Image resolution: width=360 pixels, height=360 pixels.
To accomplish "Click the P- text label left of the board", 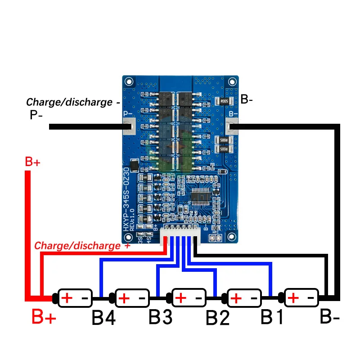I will click(x=36, y=115).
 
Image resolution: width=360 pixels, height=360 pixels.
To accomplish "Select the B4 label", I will click(x=103, y=318).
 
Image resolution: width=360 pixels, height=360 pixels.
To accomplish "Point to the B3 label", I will click(x=161, y=317).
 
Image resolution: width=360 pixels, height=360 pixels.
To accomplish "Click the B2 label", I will click(x=218, y=318).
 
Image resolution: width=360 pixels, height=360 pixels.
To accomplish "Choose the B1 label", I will click(x=273, y=317).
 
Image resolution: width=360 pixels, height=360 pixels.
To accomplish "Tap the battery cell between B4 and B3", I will click(x=132, y=298).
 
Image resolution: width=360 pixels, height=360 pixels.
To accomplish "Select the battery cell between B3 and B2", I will click(x=188, y=298).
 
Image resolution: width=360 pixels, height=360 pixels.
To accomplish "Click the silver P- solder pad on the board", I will click(x=129, y=127).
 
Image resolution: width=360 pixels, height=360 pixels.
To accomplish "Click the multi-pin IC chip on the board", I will click(x=201, y=197).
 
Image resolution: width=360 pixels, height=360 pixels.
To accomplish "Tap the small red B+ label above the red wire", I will click(x=33, y=162).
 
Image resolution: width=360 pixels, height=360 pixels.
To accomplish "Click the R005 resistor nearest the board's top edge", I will click(x=223, y=101).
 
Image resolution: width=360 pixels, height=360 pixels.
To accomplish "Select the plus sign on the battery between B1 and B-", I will click(x=293, y=298).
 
